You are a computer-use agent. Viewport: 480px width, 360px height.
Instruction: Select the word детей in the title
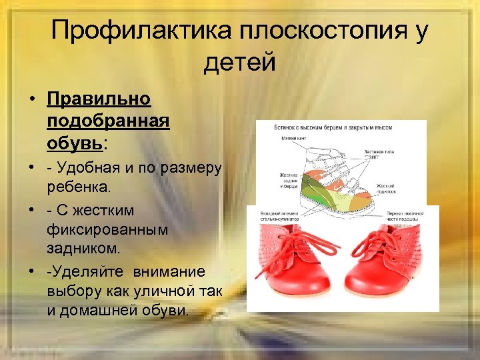click(x=240, y=62)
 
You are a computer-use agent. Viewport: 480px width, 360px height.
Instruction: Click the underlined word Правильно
click(x=99, y=99)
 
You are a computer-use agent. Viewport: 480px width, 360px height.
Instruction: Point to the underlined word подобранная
click(x=109, y=121)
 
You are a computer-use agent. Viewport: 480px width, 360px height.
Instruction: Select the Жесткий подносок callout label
click(x=387, y=188)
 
